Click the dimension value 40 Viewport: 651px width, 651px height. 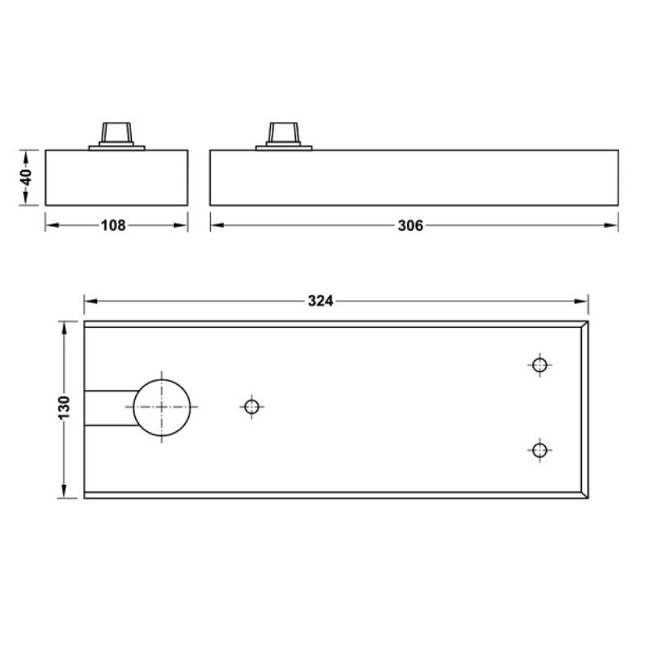tap(27, 177)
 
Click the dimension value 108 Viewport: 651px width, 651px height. tap(115, 225)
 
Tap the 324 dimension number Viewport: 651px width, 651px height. tap(321, 301)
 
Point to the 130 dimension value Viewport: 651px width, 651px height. tap(65, 407)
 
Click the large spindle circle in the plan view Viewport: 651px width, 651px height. tap(162, 407)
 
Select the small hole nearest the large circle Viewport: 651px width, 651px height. tap(251, 406)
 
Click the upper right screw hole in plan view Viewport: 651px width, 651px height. tap(538, 365)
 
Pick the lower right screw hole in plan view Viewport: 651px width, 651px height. tap(538, 449)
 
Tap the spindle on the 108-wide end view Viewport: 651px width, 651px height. tap(116, 133)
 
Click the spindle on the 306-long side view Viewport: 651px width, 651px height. tap(284, 133)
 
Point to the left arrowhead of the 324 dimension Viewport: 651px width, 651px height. tap(90, 301)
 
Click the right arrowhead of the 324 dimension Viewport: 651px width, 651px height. tap(583, 301)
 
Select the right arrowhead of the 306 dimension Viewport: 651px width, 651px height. tap(612, 225)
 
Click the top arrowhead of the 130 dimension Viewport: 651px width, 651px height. tap(65, 326)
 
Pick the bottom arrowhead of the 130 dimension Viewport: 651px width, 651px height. tap(65, 492)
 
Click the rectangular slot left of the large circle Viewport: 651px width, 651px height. tap(108, 407)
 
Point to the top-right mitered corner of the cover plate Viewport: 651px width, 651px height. tap(583, 324)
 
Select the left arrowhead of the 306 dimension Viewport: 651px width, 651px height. tap(216, 225)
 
